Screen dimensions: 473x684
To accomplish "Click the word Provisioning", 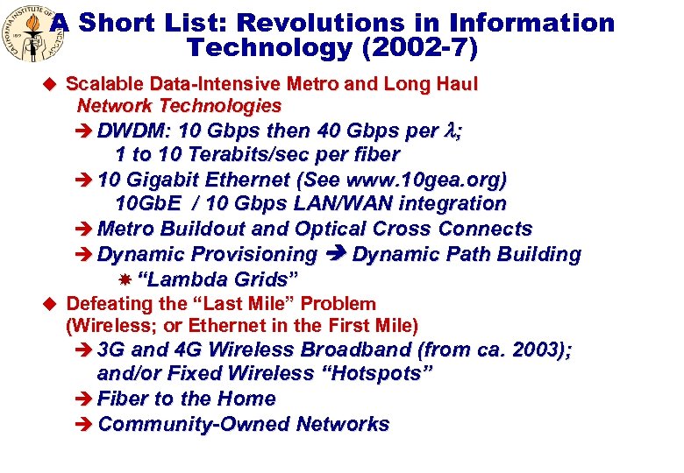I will click(x=255, y=254).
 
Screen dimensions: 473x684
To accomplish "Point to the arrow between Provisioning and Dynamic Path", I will click(x=335, y=254).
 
